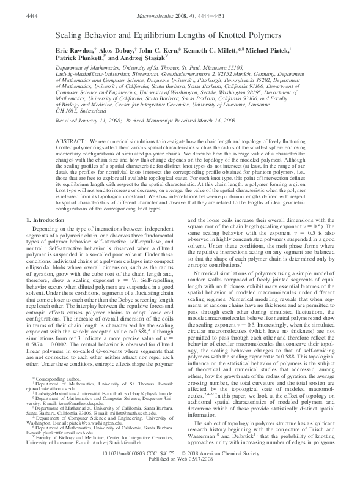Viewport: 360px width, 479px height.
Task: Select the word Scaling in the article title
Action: click(70, 36)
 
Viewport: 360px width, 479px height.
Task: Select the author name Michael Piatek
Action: click(287, 53)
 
